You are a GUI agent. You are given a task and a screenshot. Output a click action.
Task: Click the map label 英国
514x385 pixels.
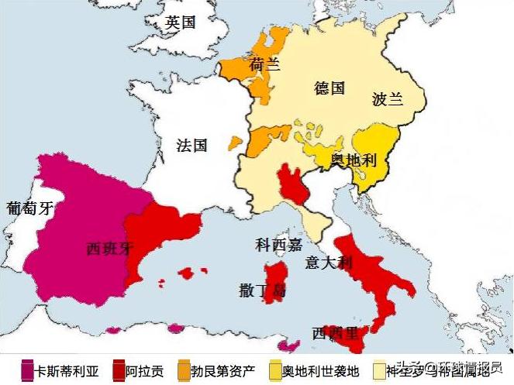tap(180, 22)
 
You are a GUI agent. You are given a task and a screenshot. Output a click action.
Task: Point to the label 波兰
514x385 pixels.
tap(388, 100)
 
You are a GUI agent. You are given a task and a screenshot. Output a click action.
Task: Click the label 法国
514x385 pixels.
tap(191, 146)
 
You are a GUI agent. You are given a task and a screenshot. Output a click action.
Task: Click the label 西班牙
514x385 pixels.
tap(111, 249)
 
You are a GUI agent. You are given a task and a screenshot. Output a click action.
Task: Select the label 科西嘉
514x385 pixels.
tap(278, 246)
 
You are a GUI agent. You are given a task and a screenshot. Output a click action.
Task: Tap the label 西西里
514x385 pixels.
tap(335, 334)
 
